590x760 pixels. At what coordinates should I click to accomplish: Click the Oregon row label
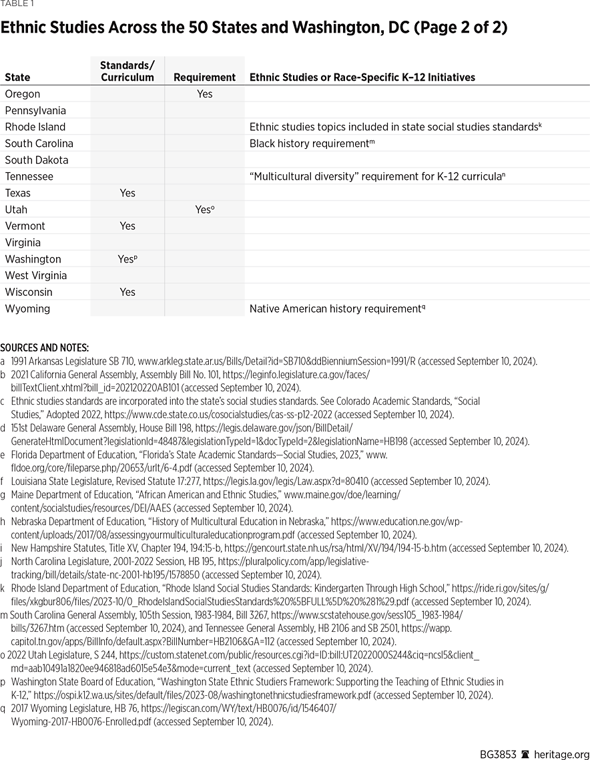click(23, 94)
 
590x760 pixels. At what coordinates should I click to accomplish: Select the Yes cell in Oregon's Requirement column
click(204, 94)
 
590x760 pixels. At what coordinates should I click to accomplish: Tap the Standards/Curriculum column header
click(127, 71)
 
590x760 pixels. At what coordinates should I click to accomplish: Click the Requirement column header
click(204, 77)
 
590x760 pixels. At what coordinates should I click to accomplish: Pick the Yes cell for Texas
click(127, 193)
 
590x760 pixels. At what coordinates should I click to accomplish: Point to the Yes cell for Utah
click(204, 210)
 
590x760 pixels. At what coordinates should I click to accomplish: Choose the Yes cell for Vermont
click(127, 226)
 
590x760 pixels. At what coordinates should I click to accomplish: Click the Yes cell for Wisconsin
click(127, 292)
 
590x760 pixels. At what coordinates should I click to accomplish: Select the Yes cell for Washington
click(127, 259)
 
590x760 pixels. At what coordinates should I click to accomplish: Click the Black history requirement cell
click(310, 144)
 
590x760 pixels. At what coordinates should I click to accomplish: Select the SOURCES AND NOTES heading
click(44, 348)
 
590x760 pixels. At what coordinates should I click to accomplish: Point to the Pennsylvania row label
click(35, 111)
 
